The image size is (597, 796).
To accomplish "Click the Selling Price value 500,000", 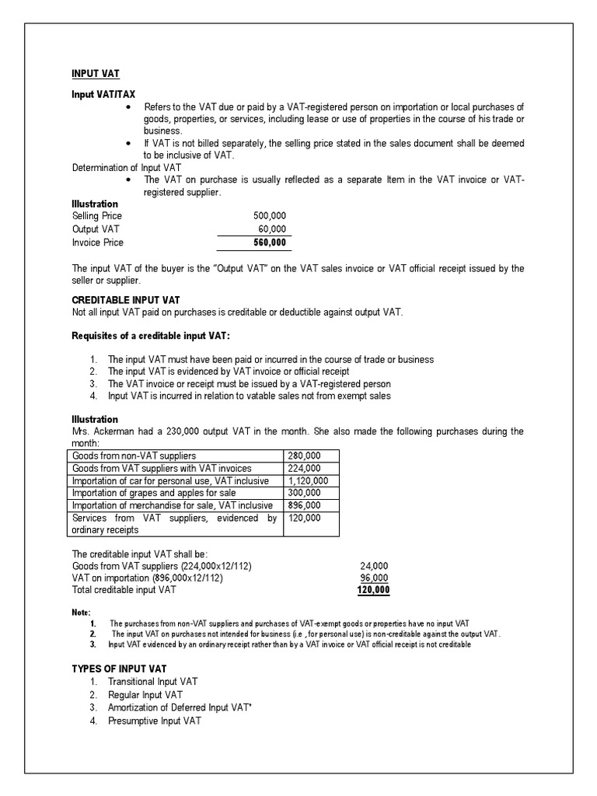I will pyautogui.click(x=270, y=215).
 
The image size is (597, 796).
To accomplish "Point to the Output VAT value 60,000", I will pyautogui.click(x=272, y=229).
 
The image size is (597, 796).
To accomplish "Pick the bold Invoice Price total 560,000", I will pyautogui.click(x=269, y=243).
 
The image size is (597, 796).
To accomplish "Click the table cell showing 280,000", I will pyautogui.click(x=304, y=455).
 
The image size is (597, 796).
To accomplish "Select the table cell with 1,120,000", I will pyautogui.click(x=308, y=481).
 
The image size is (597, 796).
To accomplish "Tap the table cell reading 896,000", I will pyautogui.click(x=304, y=506).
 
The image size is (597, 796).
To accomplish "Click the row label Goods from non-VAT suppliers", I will pyautogui.click(x=134, y=455).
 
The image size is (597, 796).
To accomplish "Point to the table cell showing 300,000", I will pyautogui.click(x=304, y=494).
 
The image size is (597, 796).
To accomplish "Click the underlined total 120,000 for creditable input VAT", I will pyautogui.click(x=373, y=590).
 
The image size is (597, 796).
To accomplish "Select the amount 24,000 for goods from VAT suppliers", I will pyautogui.click(x=375, y=565).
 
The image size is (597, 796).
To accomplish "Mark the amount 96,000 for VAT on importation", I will pyautogui.click(x=375, y=578).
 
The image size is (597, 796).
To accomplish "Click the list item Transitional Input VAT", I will pyautogui.click(x=152, y=681).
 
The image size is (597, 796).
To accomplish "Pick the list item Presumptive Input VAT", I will pyautogui.click(x=154, y=721).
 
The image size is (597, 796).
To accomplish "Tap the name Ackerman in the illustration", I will pyautogui.click(x=118, y=431).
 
